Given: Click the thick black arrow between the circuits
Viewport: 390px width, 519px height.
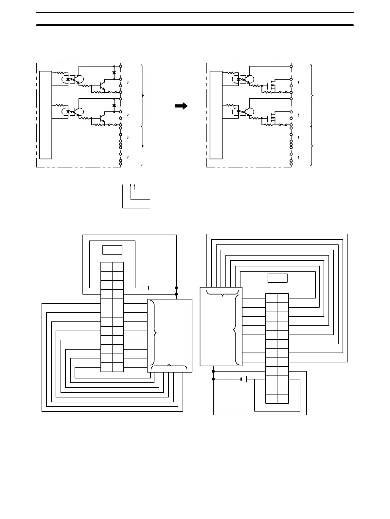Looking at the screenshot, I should pyautogui.click(x=181, y=106).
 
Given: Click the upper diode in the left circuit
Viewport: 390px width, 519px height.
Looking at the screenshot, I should pyautogui.click(x=114, y=73).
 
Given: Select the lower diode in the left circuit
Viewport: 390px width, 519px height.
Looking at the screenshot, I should pyautogui.click(x=114, y=105).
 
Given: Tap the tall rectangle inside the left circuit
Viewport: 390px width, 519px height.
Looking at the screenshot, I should pyautogui.click(x=45, y=115).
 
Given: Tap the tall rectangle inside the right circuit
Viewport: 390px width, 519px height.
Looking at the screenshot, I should pyautogui.click(x=216, y=115).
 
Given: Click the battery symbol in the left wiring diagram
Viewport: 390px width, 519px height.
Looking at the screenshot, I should pyautogui.click(x=146, y=288).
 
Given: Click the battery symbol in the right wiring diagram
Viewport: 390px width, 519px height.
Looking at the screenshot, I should pyautogui.click(x=244, y=379).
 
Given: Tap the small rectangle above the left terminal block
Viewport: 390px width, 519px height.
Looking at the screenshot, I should pyautogui.click(x=112, y=250).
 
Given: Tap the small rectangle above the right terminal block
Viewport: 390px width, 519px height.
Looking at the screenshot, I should pyautogui.click(x=277, y=278).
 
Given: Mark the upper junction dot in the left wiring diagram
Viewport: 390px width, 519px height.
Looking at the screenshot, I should pyautogui.click(x=176, y=288).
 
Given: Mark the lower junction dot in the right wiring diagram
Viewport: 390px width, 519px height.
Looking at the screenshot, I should pyautogui.click(x=213, y=379).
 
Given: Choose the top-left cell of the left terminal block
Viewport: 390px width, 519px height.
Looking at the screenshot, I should pyautogui.click(x=106, y=267).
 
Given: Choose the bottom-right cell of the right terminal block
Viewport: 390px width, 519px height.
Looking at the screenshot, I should pyautogui.click(x=283, y=398).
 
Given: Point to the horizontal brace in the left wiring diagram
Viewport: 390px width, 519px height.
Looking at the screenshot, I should pyautogui.click(x=169, y=365).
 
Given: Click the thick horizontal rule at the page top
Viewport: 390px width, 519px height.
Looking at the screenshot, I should pyautogui.click(x=195, y=25).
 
